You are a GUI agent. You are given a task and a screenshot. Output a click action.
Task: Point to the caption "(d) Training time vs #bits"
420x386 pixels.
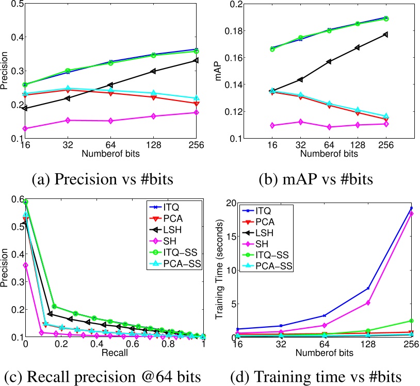[318, 374]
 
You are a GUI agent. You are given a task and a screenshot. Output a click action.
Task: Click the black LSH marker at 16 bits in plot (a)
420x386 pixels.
[24, 108]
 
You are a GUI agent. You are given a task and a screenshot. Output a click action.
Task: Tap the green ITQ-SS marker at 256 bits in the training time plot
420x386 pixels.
[411, 321]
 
